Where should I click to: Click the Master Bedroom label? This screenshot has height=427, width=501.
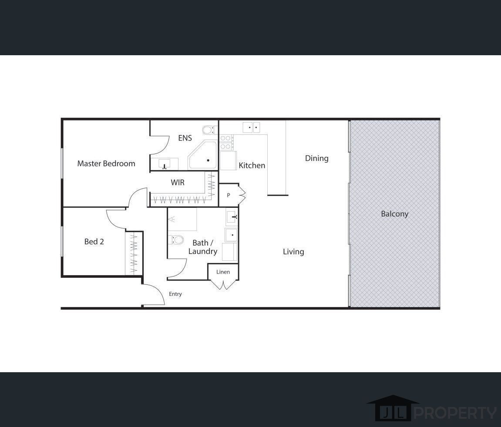click(x=106, y=163)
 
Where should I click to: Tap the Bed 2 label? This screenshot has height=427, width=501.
click(x=94, y=241)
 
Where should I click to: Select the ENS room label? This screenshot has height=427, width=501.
click(x=185, y=138)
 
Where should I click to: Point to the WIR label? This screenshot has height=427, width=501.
click(x=178, y=182)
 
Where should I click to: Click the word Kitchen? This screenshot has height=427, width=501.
click(x=252, y=165)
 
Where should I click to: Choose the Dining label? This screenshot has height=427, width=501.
click(x=316, y=158)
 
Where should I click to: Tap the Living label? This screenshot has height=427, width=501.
click(x=293, y=251)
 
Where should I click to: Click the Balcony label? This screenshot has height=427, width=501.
click(x=394, y=213)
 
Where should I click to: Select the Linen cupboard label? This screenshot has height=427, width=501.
click(x=223, y=272)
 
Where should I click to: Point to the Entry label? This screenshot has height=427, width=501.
click(x=175, y=294)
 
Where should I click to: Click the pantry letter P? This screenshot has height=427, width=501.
click(x=229, y=196)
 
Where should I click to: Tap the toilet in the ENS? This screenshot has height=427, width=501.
click(x=209, y=130)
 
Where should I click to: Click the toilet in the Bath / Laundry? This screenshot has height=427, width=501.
click(x=176, y=240)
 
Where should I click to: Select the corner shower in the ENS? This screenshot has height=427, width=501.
click(x=203, y=157)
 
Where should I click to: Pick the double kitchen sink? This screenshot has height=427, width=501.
click(x=251, y=127)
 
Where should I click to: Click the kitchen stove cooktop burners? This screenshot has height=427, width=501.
click(x=226, y=143)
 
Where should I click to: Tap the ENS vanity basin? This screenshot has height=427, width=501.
click(x=165, y=164)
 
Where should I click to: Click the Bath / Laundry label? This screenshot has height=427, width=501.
click(x=202, y=247)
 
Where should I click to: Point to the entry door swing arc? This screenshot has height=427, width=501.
click(x=155, y=292)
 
